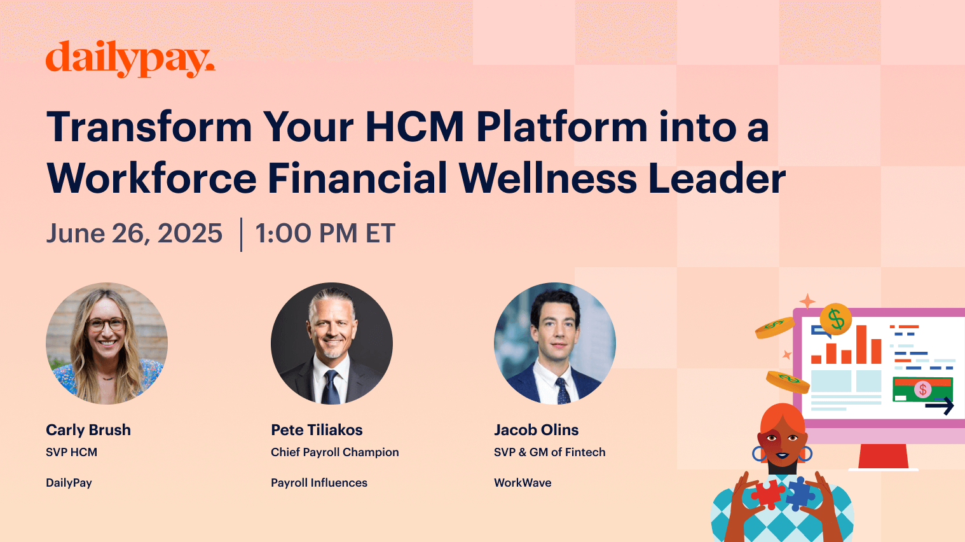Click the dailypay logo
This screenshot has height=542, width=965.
pyautogui.click(x=130, y=59)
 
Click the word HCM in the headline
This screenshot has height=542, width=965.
pyautogui.click(x=414, y=127)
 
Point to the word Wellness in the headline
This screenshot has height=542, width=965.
pyautogui.click(x=547, y=178)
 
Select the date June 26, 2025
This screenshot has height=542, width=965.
pyautogui.click(x=134, y=233)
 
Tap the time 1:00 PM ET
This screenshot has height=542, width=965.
pyautogui.click(x=325, y=233)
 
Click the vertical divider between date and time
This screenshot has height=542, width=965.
pyautogui.click(x=242, y=234)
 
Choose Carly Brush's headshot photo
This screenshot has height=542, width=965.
pyautogui.click(x=107, y=344)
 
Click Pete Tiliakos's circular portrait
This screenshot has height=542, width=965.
pyautogui.click(x=332, y=344)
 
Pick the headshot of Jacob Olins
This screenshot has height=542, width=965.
pyautogui.click(x=555, y=344)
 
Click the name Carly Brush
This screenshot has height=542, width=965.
pyautogui.click(x=88, y=430)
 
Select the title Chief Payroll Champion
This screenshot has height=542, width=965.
pyautogui.click(x=335, y=452)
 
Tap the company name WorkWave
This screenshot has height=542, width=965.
pyautogui.click(x=523, y=483)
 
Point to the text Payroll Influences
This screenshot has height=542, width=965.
pyautogui.click(x=319, y=483)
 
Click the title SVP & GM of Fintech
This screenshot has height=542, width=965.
pyautogui.click(x=550, y=452)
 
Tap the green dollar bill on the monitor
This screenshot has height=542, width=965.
pyautogui.click(x=922, y=389)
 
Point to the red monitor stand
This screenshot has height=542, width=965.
pyautogui.click(x=883, y=455)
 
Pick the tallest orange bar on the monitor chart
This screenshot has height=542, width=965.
pyautogui.click(x=861, y=344)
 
